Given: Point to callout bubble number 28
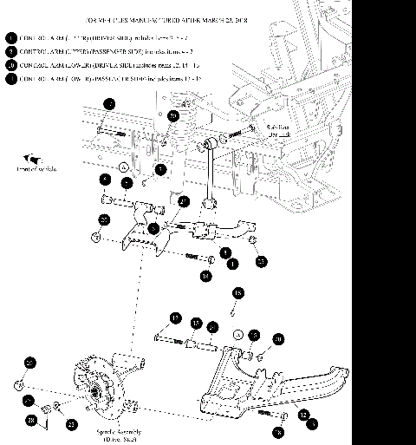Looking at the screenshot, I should (32, 421).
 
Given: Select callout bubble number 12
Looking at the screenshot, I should (303, 415).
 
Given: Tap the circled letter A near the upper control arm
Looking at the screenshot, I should (124, 166).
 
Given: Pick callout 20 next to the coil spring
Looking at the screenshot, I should (173, 115).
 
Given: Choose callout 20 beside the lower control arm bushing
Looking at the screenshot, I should (277, 338).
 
